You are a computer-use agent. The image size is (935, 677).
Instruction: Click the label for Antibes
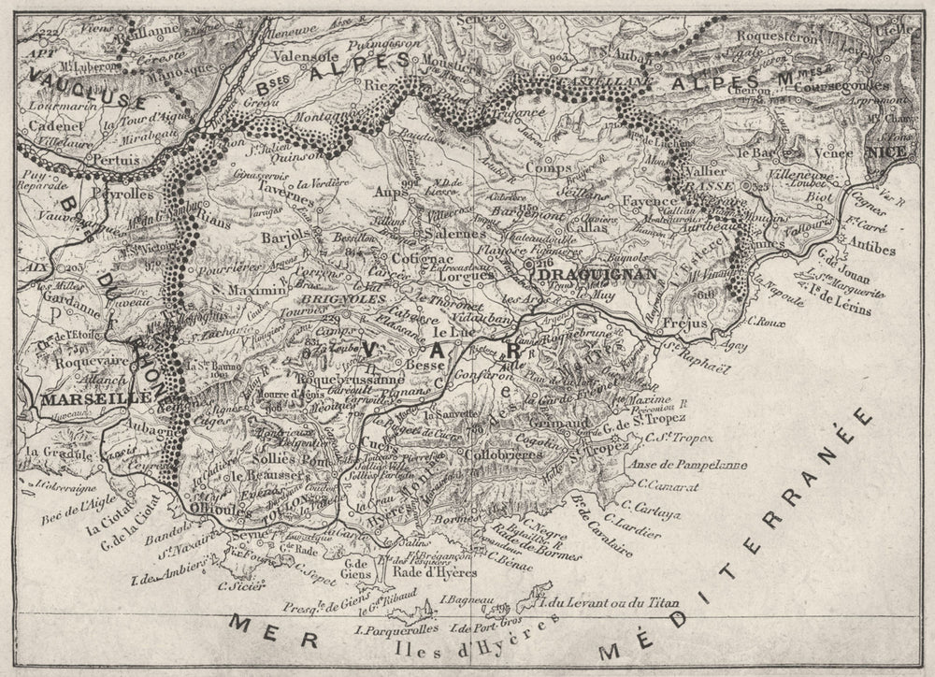(x=875, y=250)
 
